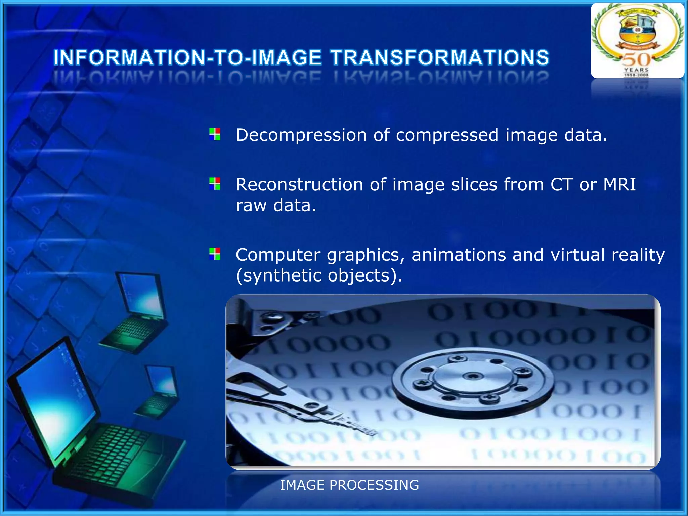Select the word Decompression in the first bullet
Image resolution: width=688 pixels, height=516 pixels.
[301, 135]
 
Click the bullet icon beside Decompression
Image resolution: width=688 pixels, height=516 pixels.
[215, 134]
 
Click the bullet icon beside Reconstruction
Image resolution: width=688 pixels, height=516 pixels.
[215, 184]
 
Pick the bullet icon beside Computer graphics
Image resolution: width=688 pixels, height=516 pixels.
[215, 254]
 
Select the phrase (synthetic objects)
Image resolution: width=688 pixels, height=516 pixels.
[319, 276]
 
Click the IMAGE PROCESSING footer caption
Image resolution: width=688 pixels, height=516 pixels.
[349, 485]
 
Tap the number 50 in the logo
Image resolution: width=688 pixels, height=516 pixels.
[636, 60]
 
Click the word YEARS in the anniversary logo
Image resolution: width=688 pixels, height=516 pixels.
[636, 70]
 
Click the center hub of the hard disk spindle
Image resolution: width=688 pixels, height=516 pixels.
[473, 376]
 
